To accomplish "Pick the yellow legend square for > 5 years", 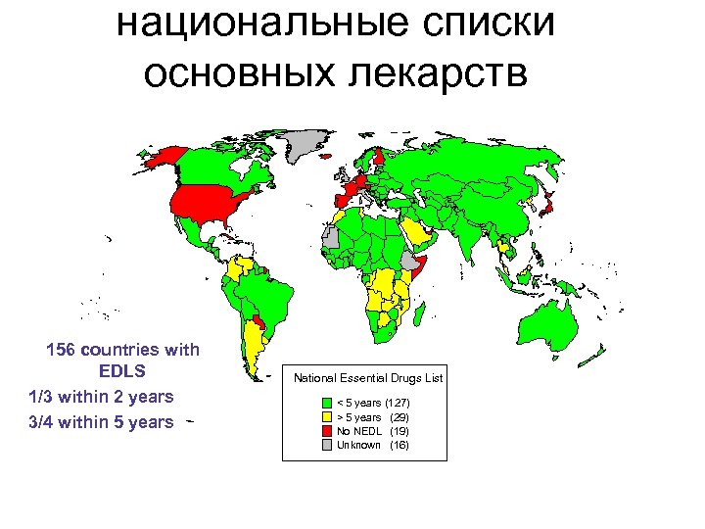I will coord(328,417).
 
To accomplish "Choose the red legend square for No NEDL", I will coord(328,431).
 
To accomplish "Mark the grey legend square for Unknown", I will coord(328,445).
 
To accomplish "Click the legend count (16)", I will coord(399,445).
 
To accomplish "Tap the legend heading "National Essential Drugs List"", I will coord(368,377).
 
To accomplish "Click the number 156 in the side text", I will coord(64,350).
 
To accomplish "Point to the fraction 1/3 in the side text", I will coord(43,397).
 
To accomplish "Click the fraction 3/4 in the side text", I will coord(43,422).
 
